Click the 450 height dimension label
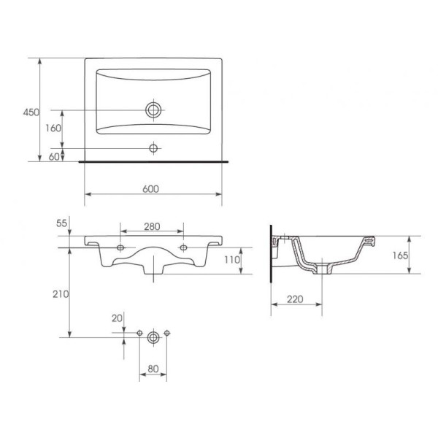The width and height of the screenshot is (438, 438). [31, 112]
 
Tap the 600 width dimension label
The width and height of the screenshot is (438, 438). [150, 189]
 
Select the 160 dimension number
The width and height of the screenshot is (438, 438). [53, 128]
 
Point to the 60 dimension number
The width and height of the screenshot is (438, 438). [54, 157]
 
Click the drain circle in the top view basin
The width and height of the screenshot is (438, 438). [153, 109]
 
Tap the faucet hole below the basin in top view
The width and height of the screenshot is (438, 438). [153, 148]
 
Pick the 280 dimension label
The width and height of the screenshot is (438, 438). [152, 226]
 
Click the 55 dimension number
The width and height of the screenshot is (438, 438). [62, 223]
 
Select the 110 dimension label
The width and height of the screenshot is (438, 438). [232, 260]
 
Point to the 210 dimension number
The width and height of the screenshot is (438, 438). [61, 294]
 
